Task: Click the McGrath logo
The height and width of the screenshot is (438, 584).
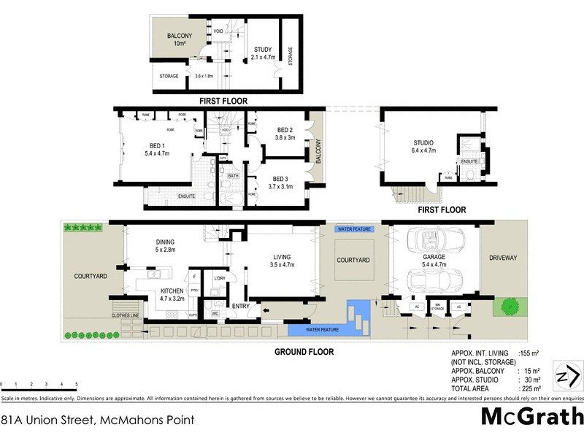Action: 532,418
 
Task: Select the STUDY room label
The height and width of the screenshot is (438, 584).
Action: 262,50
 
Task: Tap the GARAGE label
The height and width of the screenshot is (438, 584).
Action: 433,258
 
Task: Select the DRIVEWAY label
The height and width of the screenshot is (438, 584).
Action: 503,258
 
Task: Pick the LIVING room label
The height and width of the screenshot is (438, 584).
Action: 280,256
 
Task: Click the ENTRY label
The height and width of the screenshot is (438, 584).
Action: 241,307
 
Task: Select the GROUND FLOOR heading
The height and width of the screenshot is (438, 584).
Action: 304,352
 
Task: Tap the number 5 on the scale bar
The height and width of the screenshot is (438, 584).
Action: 76,384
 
